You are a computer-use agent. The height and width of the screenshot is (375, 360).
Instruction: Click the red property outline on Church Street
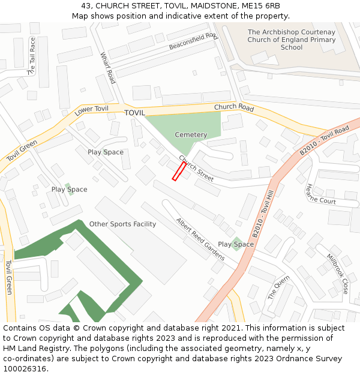pyautogui.click(x=179, y=171)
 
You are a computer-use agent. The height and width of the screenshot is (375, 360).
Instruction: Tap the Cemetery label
pyautogui.click(x=191, y=135)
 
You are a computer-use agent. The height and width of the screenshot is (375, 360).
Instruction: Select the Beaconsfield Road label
pyautogui.click(x=193, y=41)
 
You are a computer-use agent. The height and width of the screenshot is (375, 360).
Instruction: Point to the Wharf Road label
pyautogui.click(x=108, y=68)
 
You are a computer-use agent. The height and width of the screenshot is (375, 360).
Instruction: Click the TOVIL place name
pyautogui.click(x=135, y=113)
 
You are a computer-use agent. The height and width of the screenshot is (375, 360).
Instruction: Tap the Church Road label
pyautogui.click(x=234, y=107)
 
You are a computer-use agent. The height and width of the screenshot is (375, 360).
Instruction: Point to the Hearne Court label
pyautogui.click(x=321, y=194)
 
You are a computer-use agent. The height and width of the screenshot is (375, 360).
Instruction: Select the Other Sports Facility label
pyautogui.click(x=122, y=224)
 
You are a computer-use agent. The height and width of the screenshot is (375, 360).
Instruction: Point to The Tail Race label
pyautogui.click(x=32, y=56)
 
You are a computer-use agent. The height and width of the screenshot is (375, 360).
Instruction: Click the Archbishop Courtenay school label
pyautogui.click(x=292, y=40)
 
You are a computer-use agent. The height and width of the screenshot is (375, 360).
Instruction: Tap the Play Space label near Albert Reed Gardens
pyautogui.click(x=236, y=244)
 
